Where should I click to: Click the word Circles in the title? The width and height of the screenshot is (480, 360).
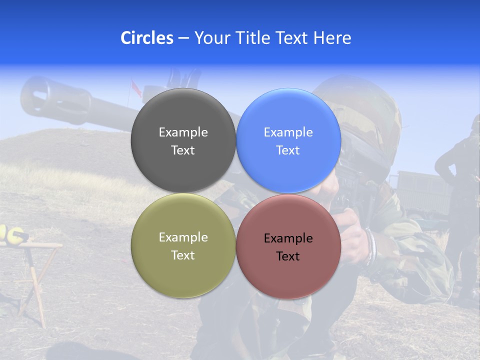tap(146, 37)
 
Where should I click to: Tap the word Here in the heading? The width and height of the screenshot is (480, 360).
tap(332, 37)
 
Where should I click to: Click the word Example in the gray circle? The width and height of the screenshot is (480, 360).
tap(183, 132)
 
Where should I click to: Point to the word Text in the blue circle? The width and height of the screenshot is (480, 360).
tap(287, 150)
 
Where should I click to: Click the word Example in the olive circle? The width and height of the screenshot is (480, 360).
tap(183, 237)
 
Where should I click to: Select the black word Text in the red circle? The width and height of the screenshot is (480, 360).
tap(287, 256)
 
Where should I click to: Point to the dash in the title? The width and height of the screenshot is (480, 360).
tap(183, 38)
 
